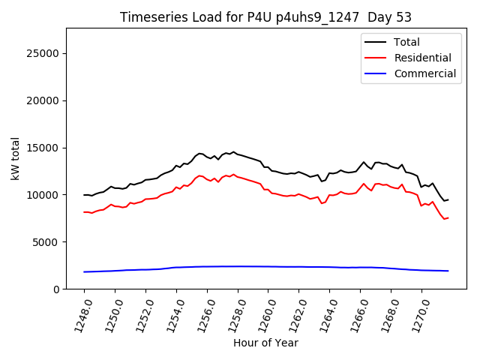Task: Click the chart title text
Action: pyautogui.click(x=265, y=17)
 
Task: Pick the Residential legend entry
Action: pyautogui.click(x=422, y=58)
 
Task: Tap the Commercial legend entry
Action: pyautogui.click(x=424, y=73)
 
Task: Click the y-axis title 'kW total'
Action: pyautogui.click(x=16, y=158)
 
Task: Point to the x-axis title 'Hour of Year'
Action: pyautogui.click(x=265, y=343)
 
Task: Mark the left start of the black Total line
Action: pyautogui.click(x=84, y=195)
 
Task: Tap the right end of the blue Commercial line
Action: pyautogui.click(x=448, y=271)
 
